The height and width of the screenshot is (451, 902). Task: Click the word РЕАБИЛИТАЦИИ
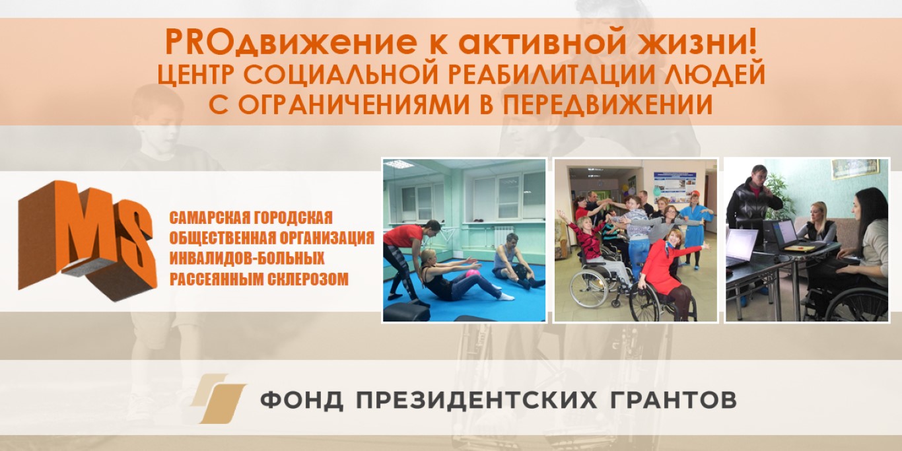tap(551, 75)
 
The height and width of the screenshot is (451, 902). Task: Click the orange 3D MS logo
tap(87, 240)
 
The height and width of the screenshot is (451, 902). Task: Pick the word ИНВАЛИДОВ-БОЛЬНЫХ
tap(247, 259)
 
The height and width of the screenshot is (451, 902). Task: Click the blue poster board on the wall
tap(674, 187)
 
